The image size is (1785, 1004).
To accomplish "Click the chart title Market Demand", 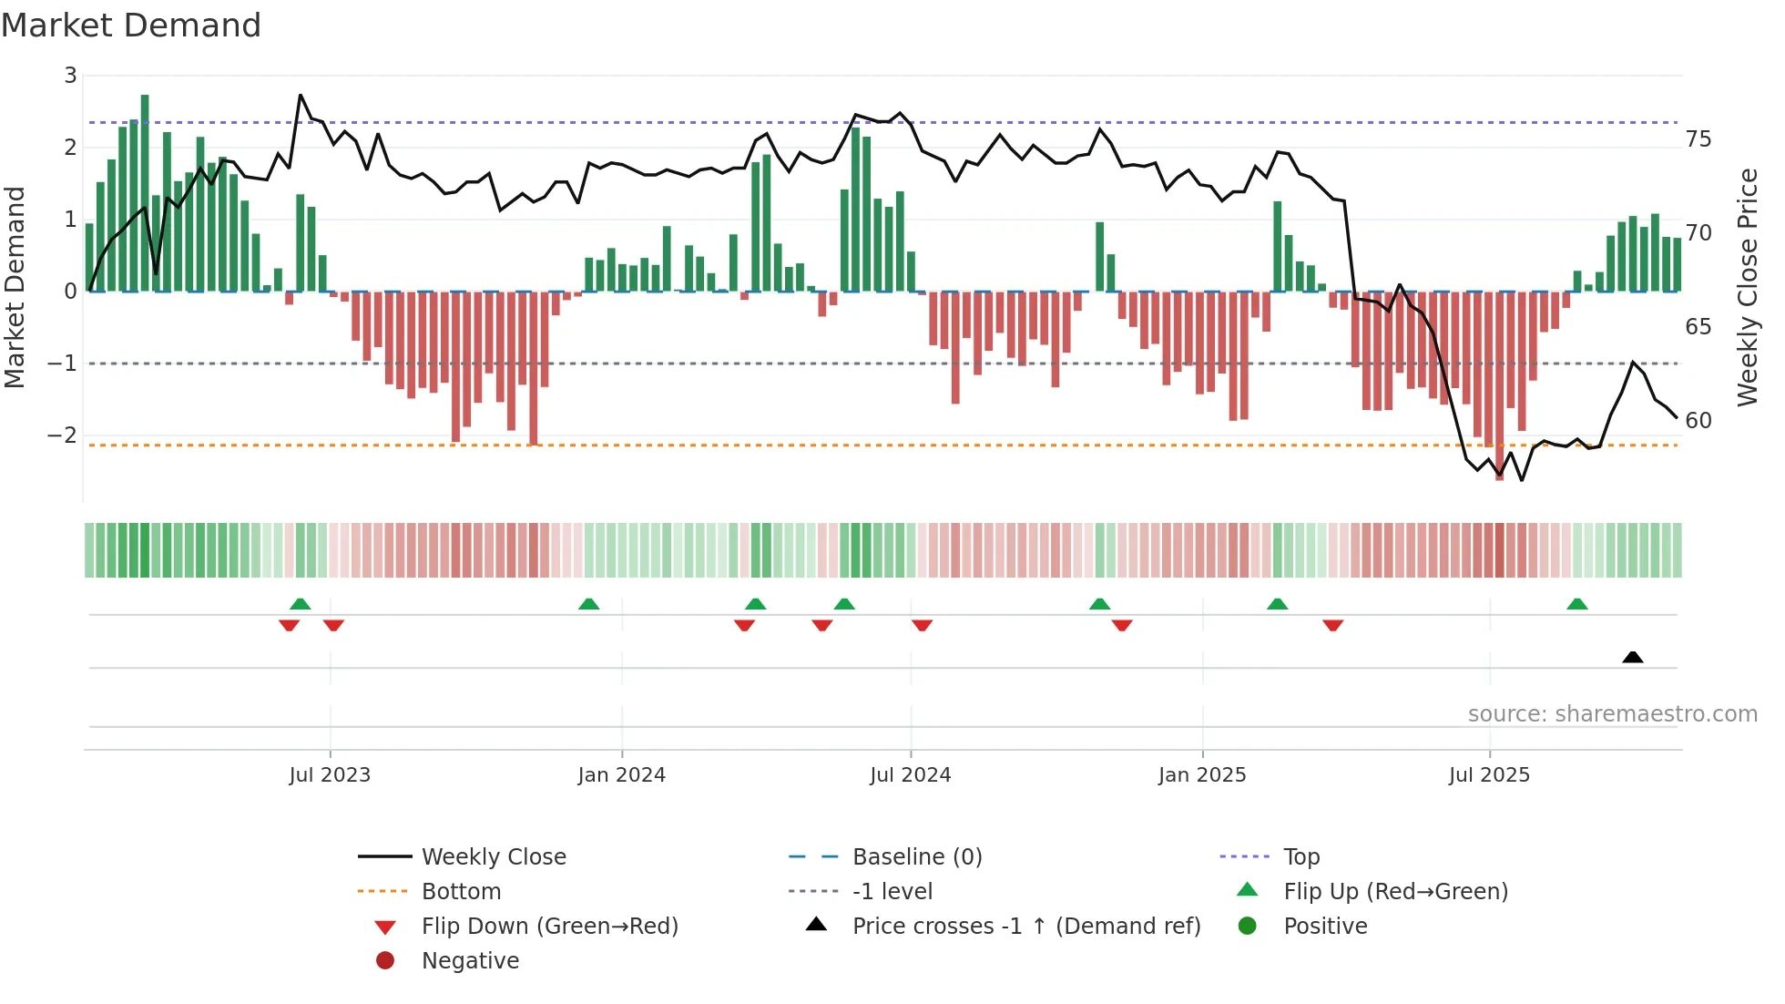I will click(131, 26).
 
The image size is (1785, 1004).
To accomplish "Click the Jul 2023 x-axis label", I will click(330, 775).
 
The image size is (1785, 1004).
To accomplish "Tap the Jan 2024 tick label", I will click(621, 775).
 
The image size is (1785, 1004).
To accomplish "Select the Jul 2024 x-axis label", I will click(910, 775).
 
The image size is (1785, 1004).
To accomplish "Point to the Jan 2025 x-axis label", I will click(1202, 775).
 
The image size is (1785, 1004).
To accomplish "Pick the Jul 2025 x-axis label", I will click(1489, 775).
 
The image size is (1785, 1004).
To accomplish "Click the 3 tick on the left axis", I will click(70, 76).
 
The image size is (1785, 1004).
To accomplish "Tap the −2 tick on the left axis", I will click(63, 435).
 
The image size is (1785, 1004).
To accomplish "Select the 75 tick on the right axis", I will click(1698, 139).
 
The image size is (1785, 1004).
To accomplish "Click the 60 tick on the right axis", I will click(1698, 421).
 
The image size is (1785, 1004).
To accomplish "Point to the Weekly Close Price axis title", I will click(1747, 287).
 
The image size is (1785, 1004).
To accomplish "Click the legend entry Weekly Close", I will click(493, 857).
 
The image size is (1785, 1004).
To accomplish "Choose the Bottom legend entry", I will click(461, 892).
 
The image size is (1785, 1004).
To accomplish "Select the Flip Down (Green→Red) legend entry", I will click(549, 927).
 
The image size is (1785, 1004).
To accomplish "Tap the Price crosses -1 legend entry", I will click(1025, 927).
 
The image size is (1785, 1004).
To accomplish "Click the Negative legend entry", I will click(470, 961).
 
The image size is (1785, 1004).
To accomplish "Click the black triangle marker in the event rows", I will click(1633, 657).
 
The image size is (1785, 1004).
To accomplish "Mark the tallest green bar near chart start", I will click(145, 191).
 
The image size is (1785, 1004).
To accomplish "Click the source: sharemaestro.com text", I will click(1612, 714).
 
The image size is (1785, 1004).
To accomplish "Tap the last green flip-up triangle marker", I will click(1577, 604).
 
